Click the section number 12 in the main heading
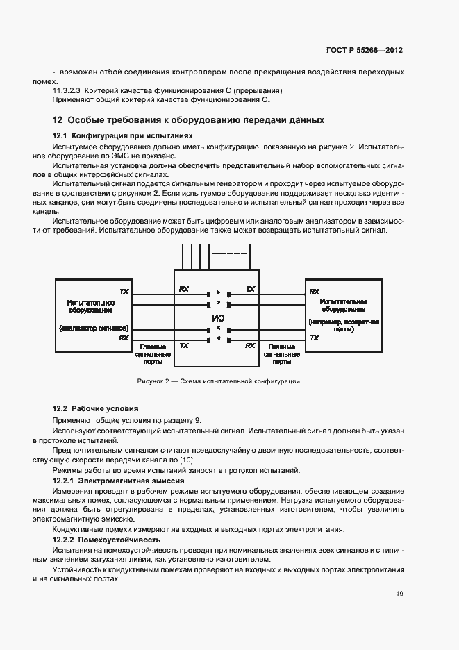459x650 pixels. [58, 120]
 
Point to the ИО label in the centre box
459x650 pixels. [217, 317]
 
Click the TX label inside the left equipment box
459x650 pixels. [124, 291]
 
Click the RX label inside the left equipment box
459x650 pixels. [124, 337]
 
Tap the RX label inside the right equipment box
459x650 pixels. [314, 291]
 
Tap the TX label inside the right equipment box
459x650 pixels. [314, 337]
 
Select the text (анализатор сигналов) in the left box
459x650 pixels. [91, 327]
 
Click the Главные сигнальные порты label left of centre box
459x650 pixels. [153, 353]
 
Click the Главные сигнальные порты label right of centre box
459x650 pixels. [282, 353]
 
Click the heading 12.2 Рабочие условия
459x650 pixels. [97, 408]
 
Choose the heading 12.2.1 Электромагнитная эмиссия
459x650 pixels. [118, 481]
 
